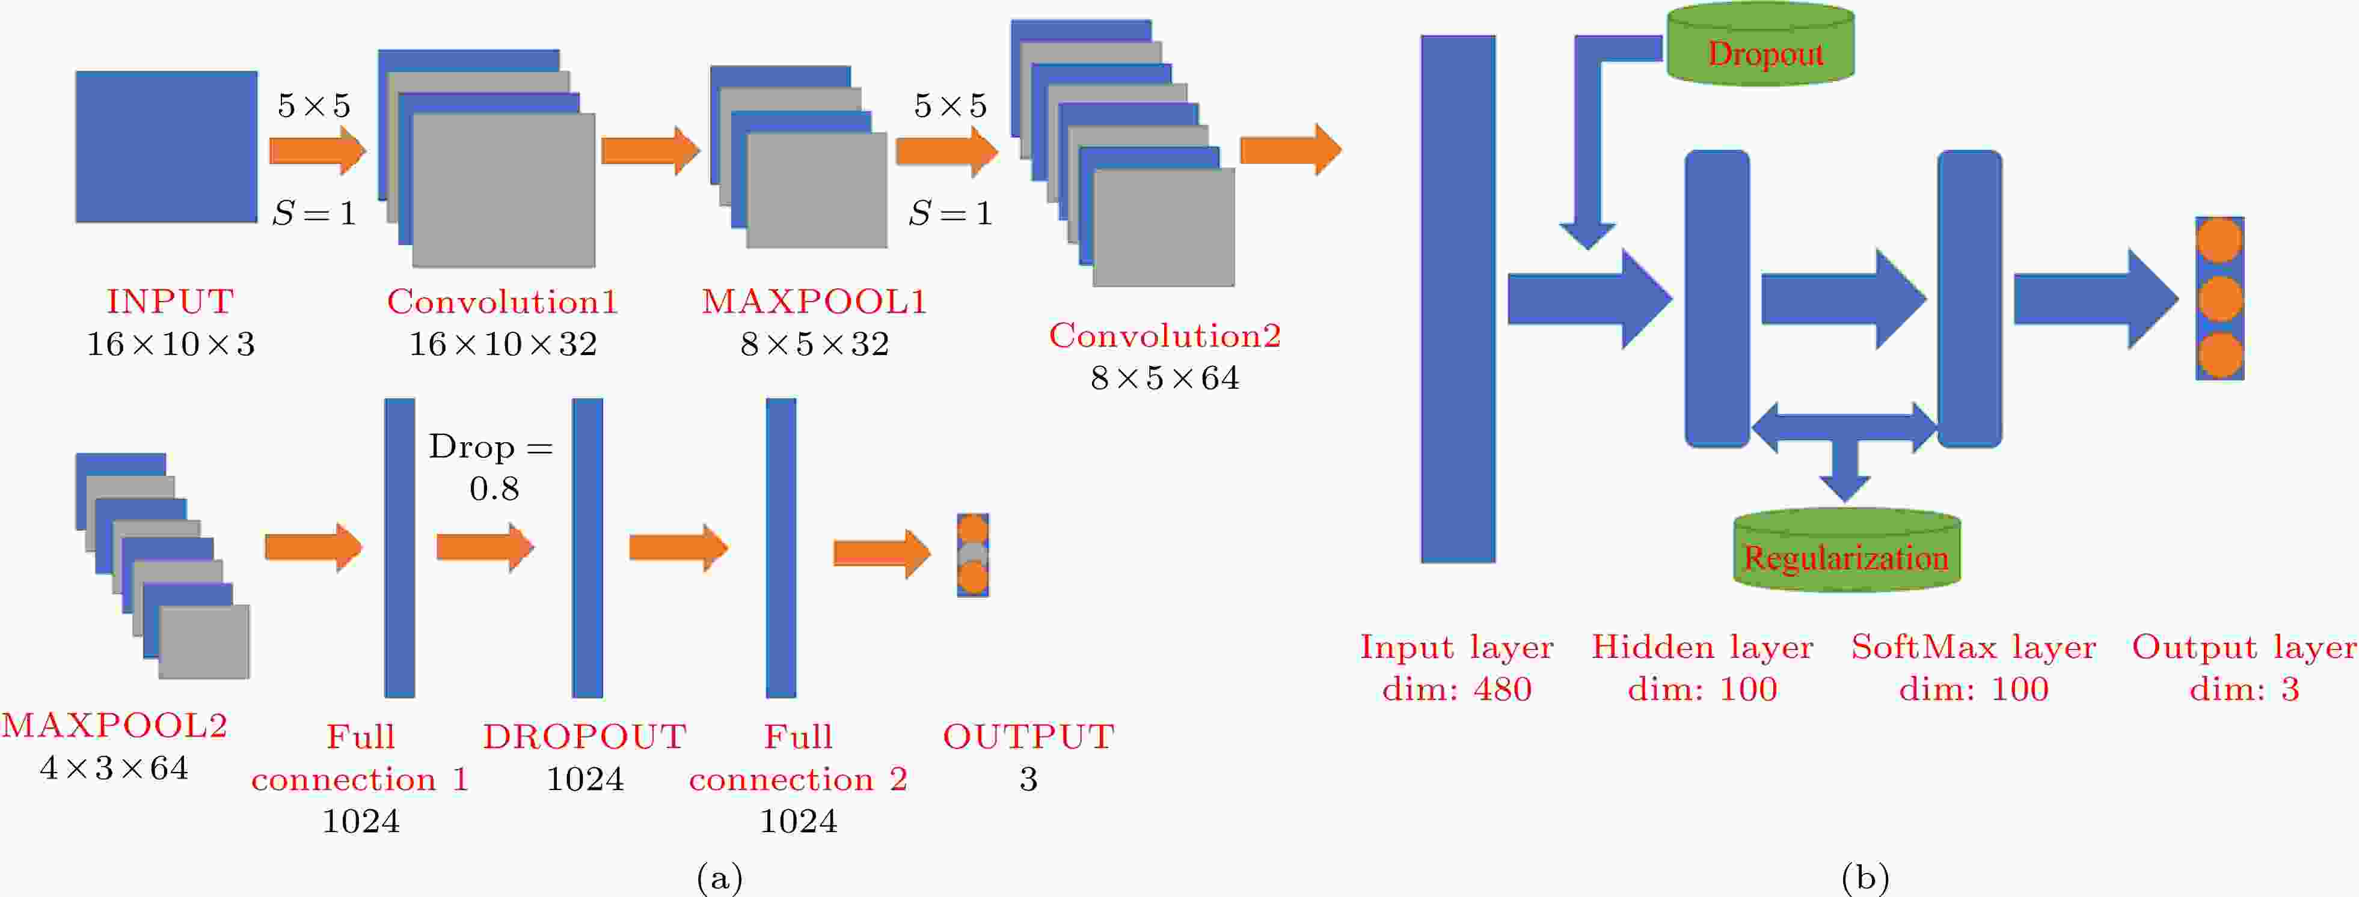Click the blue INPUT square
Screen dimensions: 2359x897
(166, 147)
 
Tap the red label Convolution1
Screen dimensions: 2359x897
(502, 301)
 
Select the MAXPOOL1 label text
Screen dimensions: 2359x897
(814, 301)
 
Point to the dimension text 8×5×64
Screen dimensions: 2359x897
(1165, 377)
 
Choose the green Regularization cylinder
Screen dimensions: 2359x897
(1846, 549)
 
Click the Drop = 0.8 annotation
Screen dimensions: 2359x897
(492, 467)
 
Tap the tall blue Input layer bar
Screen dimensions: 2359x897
(1458, 299)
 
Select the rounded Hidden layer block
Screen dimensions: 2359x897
(1717, 299)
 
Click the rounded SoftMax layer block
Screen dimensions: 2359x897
(1970, 299)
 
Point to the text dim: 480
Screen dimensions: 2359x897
(1457, 689)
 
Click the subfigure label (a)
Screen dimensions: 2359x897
(720, 878)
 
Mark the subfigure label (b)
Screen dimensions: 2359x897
(1865, 878)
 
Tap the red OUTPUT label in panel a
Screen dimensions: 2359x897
(1028, 736)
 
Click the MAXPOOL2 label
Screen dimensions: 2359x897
(114, 725)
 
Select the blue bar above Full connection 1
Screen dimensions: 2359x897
(399, 547)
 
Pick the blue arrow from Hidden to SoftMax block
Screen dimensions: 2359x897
(1844, 299)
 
